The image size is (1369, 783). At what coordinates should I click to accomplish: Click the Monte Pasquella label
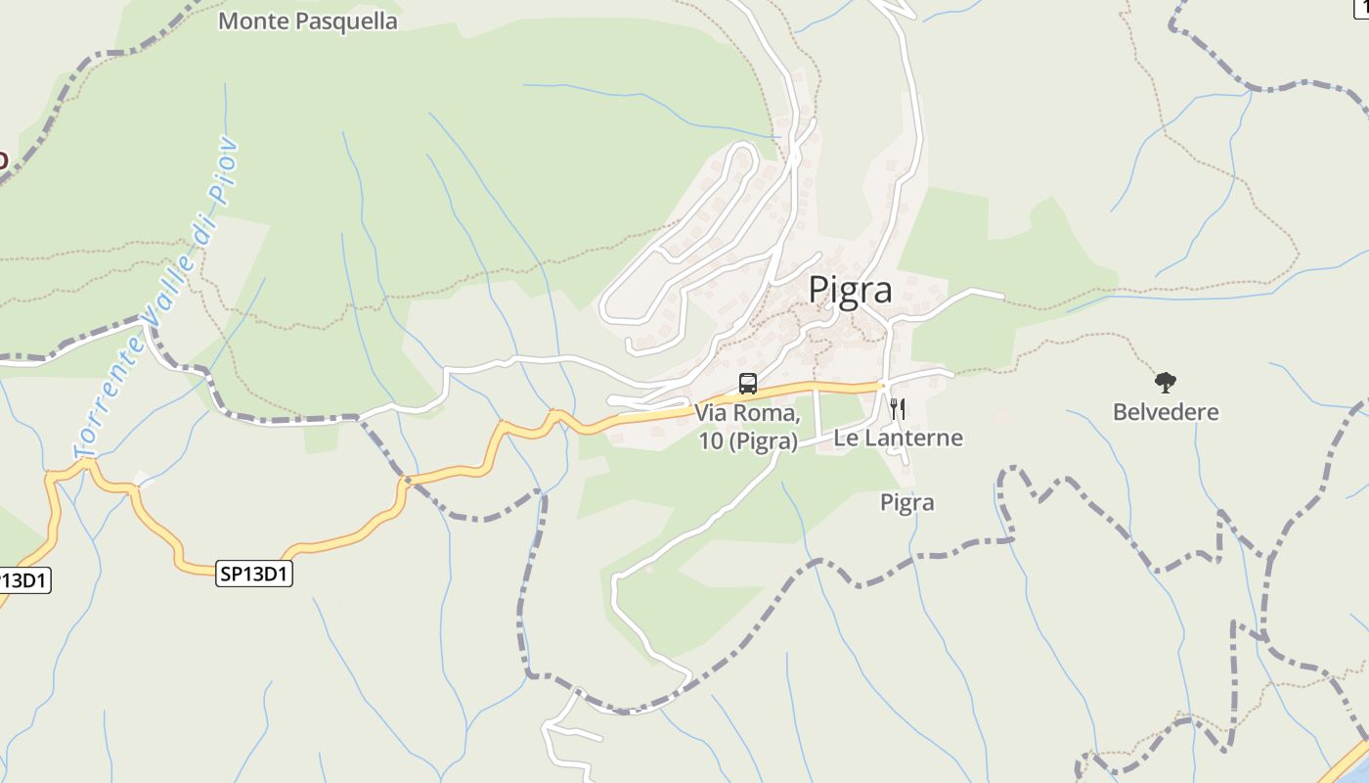(307, 22)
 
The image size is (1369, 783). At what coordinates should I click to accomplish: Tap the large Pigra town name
(849, 291)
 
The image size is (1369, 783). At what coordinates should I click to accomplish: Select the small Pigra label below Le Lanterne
(906, 503)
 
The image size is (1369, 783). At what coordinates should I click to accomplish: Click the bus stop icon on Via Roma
(748, 384)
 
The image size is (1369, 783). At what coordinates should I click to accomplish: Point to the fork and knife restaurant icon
(897, 409)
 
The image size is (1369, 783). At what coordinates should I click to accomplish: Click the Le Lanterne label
(898, 438)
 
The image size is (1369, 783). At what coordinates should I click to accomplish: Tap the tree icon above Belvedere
(1165, 383)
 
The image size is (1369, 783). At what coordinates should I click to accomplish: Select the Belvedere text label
(1166, 412)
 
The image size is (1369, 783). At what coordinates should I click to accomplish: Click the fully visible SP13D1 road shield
(254, 575)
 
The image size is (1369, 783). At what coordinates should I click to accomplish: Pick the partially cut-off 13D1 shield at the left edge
(22, 580)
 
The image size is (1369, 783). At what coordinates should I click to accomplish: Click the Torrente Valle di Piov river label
(156, 299)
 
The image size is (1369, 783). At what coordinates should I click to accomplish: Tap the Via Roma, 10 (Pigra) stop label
(748, 428)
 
